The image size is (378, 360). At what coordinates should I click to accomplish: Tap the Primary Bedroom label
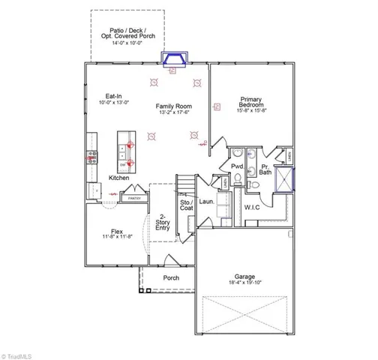(x=250, y=99)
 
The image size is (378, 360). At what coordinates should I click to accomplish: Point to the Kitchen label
(x=118, y=178)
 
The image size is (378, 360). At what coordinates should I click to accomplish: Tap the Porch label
(x=171, y=277)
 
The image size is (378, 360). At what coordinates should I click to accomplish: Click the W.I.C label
(x=251, y=206)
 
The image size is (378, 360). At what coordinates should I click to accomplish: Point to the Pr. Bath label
(x=265, y=169)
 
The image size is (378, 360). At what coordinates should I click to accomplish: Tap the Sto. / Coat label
(x=186, y=205)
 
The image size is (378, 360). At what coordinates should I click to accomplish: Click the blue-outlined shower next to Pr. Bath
(x=286, y=180)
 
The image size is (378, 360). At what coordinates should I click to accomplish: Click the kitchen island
(x=125, y=151)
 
